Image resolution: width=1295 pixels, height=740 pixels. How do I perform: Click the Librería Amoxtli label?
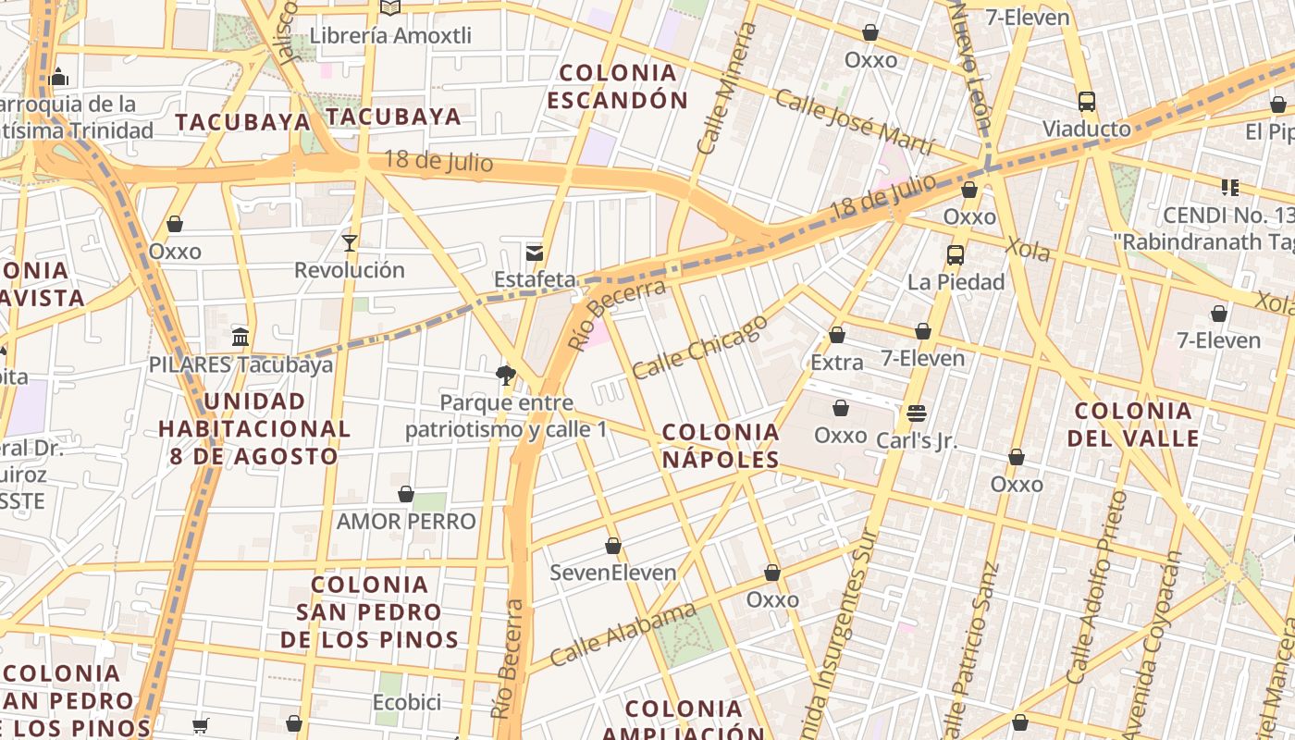tap(390, 36)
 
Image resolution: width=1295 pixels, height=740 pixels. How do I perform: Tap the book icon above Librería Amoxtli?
tap(390, 8)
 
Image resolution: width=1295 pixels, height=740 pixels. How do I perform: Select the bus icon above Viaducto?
tap(1087, 102)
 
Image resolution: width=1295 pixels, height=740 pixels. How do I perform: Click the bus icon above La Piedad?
tap(956, 255)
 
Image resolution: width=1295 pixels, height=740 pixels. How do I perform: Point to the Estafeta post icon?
tap(535, 253)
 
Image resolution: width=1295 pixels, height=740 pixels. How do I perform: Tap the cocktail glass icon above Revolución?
tap(350, 243)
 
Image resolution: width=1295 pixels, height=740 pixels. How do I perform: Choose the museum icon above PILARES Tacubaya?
tap(240, 337)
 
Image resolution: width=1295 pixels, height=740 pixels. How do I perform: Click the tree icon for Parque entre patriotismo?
tap(505, 376)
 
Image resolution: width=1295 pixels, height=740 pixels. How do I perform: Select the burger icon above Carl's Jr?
tap(917, 413)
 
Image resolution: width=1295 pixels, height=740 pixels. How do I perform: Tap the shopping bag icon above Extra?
tap(837, 336)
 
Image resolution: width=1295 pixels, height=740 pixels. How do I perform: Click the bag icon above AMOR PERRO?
tap(406, 495)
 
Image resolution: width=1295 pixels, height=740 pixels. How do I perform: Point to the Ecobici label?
tap(406, 702)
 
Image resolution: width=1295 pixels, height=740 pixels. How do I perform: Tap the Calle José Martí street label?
tap(857, 125)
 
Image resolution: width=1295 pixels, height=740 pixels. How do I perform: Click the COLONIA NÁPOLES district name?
tap(721, 446)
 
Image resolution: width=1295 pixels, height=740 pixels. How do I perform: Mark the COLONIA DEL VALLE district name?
tap(1133, 425)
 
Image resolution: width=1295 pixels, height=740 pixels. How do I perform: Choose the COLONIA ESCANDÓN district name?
tap(618, 86)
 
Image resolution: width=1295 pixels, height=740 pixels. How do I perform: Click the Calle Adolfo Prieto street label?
tap(1097, 587)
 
